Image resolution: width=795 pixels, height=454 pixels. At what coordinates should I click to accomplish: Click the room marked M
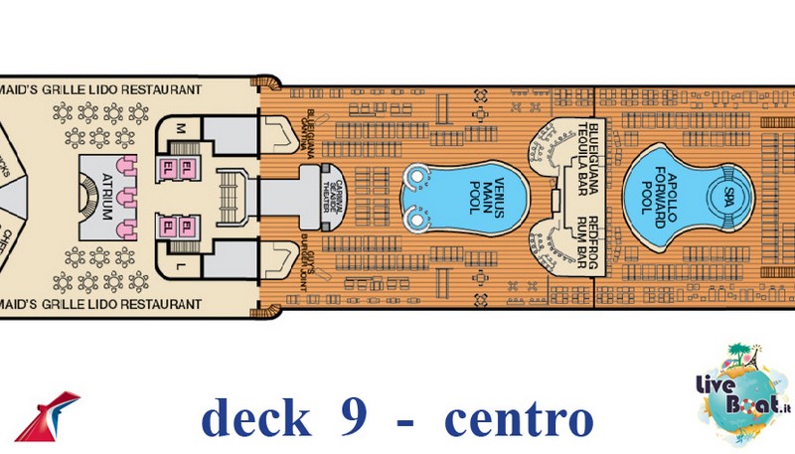(180, 128)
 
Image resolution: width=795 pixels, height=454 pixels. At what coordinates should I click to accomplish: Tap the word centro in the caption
(518, 418)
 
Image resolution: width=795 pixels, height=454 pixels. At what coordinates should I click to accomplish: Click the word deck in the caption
(254, 418)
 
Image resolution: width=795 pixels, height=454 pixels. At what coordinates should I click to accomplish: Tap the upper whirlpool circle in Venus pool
(416, 178)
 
